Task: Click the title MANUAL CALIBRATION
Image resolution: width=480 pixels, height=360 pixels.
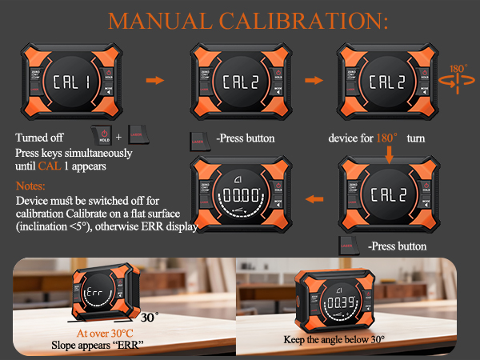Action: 239,19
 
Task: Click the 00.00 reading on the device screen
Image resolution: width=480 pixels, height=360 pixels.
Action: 240,194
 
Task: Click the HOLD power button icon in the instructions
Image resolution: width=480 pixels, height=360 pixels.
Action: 102,137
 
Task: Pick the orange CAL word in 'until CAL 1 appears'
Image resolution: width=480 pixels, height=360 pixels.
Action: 47,166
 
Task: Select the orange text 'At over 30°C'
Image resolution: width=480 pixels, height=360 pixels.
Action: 104,333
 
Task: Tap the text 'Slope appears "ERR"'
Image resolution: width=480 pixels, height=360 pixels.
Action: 104,346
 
